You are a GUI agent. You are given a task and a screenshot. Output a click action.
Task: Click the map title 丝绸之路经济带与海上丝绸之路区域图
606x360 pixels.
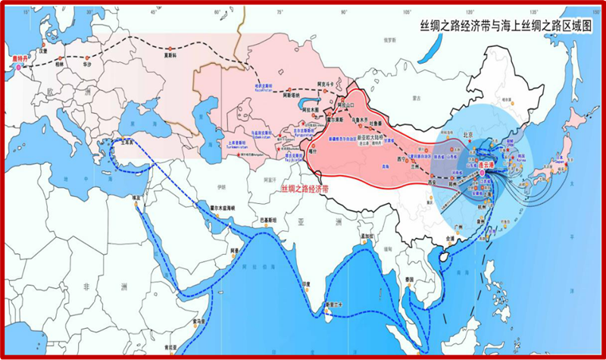point(507,25)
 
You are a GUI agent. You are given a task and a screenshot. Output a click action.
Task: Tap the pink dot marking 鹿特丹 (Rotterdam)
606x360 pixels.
point(17,67)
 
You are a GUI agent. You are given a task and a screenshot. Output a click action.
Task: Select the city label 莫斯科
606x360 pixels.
point(153,55)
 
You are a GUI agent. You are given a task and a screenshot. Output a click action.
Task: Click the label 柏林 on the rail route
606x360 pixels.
point(60,64)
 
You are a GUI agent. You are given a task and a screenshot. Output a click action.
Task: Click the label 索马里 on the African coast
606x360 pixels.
point(198,322)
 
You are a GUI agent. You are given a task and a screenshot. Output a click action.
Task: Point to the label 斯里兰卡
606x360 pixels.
point(333,304)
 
